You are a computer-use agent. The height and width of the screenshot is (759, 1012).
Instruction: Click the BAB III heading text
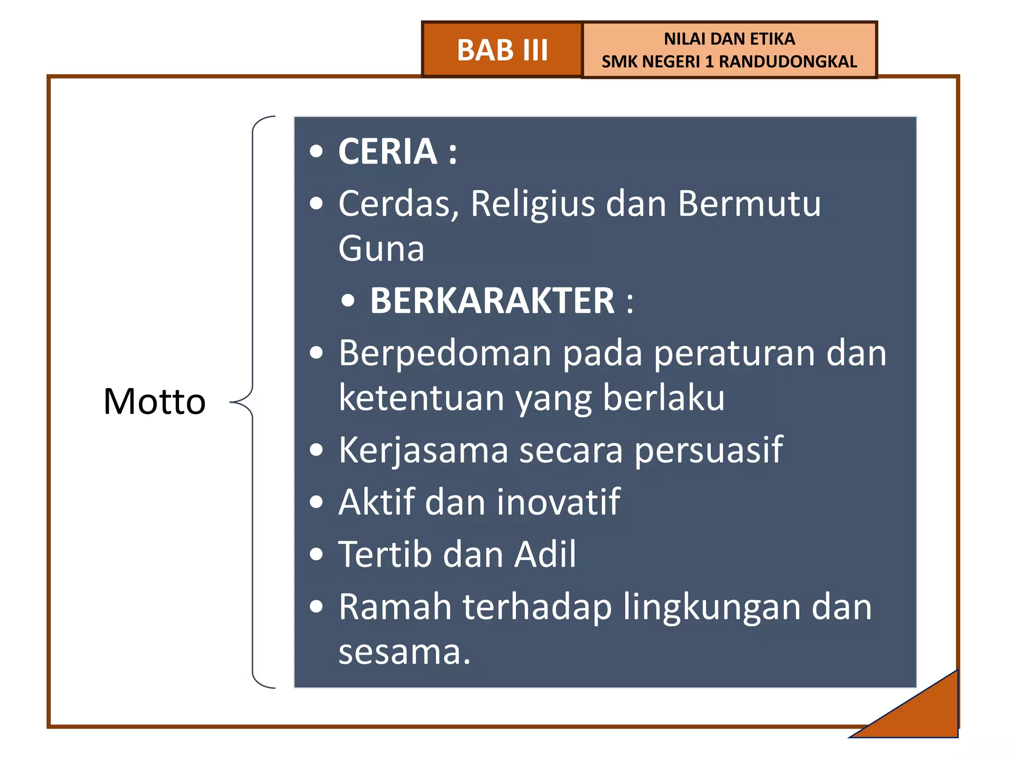pos(502,50)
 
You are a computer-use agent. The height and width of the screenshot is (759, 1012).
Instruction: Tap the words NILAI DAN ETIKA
pos(729,39)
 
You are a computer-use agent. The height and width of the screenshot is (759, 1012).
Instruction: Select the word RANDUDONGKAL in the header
pos(788,62)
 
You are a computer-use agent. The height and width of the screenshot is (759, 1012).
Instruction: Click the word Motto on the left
pos(154,401)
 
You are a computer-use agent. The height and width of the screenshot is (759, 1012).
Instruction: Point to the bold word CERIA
pos(387,151)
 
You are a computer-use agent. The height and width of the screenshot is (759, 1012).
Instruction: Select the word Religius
pos(533,204)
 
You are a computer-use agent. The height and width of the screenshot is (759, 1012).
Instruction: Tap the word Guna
pos(381,249)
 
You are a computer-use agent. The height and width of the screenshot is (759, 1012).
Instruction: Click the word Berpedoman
pos(445,353)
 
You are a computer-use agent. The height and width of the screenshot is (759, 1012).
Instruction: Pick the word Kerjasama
pos(423,450)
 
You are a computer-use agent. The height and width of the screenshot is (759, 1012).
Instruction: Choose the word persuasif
pos(709,450)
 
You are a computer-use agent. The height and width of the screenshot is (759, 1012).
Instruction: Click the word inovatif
pos(558,502)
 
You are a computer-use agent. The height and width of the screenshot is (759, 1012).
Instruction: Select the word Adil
pos(545,554)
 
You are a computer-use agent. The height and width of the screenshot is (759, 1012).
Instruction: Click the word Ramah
pos(395,607)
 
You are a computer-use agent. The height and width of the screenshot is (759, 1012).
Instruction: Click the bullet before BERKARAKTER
pos(348,301)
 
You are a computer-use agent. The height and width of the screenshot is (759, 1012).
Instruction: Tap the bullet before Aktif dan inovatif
pos(316,503)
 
